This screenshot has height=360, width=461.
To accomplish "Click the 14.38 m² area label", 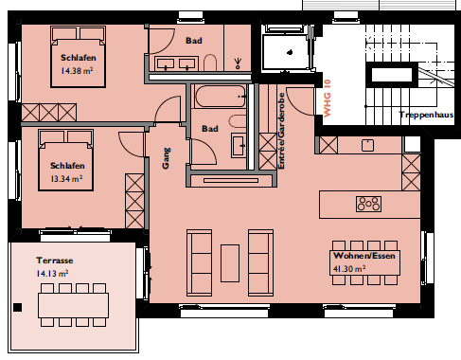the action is [x=77, y=71].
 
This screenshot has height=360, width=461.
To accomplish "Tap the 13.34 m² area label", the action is [x=66, y=179].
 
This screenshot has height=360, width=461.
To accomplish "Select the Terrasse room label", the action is [x=55, y=261].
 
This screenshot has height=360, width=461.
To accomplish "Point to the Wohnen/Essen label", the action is [x=364, y=256].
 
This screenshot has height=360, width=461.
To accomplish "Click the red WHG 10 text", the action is [x=328, y=99].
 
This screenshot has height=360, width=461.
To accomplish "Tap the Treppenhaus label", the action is [x=426, y=115].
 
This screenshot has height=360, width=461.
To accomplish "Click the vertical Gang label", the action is [x=166, y=158].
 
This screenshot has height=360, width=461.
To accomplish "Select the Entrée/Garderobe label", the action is [x=281, y=131].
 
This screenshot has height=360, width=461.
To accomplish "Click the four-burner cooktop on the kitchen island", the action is [x=368, y=204].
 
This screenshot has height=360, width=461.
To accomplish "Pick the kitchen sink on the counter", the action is [x=367, y=146].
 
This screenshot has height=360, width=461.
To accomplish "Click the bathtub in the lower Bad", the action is [x=221, y=96].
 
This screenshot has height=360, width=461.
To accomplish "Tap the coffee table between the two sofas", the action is [x=230, y=263].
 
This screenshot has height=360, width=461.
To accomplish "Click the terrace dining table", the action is [x=73, y=305].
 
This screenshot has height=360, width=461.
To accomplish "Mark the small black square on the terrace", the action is [x=18, y=307].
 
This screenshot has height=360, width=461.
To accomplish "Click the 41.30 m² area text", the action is [x=349, y=269].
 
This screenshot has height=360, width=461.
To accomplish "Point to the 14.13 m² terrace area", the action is [x=52, y=274].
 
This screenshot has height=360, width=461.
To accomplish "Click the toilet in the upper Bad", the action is [x=210, y=63].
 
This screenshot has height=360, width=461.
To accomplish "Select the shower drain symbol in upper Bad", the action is [x=238, y=63].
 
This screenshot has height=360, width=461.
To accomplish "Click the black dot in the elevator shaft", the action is [x=290, y=52].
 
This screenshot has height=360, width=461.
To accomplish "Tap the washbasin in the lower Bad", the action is [x=239, y=145].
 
